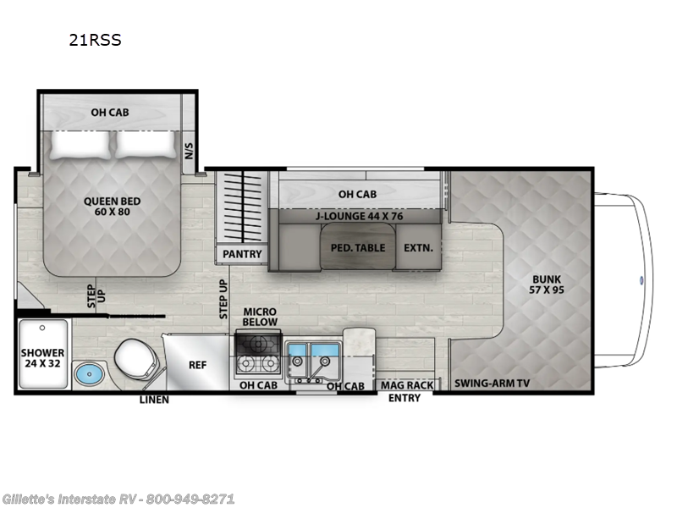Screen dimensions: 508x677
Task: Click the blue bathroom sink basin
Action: click(87, 373)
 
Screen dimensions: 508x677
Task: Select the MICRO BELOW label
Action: click(260, 317)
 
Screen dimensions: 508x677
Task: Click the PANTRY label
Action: click(242, 254)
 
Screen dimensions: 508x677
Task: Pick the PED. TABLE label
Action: click(358, 248)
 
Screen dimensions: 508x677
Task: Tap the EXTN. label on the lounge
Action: click(417, 248)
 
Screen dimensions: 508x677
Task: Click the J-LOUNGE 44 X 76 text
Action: click(359, 216)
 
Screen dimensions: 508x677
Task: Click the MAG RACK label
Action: click(406, 385)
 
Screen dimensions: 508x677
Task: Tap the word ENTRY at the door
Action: click(405, 398)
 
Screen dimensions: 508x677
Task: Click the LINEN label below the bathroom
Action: click(153, 399)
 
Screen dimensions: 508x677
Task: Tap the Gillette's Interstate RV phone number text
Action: click(118, 499)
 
